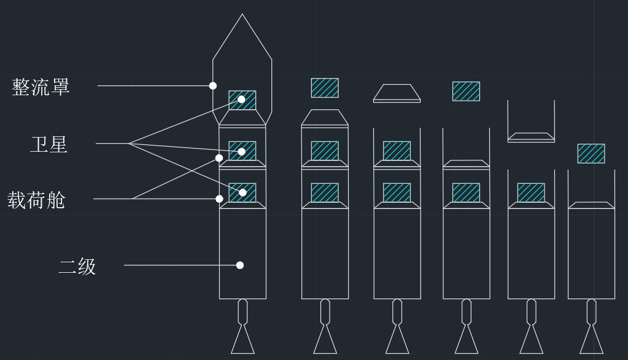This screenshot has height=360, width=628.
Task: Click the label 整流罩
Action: pos(41,86)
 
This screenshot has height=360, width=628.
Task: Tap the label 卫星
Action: pos(49,144)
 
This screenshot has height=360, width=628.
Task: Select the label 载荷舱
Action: pos(36,200)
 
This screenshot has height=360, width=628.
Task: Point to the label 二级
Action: pos(77,266)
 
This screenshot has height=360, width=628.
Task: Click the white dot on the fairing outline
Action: pos(213,86)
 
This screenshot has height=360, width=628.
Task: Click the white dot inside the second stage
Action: pos(240,265)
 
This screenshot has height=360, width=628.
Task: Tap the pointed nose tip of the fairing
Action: pos(242,15)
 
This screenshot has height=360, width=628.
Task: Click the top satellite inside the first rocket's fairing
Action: pos(242,100)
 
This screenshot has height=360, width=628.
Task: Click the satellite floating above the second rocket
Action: pos(325,88)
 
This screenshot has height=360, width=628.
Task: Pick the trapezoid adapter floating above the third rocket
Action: pos(397,92)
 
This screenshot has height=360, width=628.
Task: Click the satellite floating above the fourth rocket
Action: pos(466,91)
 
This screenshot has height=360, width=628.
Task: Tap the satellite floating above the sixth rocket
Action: pos(591,154)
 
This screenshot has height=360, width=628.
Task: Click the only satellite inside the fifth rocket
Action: pos(531,193)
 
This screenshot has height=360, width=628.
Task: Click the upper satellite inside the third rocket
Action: pos(397,151)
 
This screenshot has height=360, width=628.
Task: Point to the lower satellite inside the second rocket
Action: pos(325,193)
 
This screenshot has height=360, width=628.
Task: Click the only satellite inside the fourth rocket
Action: pos(466,193)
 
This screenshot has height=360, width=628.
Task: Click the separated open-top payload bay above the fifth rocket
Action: pos(531,123)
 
